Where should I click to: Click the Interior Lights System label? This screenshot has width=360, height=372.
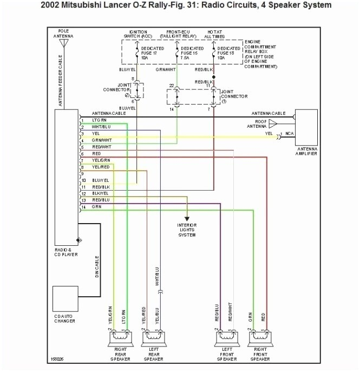point(187,230)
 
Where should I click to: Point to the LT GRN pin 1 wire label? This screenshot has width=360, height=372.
point(100,120)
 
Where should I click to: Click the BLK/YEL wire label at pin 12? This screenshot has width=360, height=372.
point(101,193)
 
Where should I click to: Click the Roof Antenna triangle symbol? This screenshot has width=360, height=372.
point(272,125)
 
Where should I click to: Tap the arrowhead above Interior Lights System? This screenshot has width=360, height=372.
point(187,216)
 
